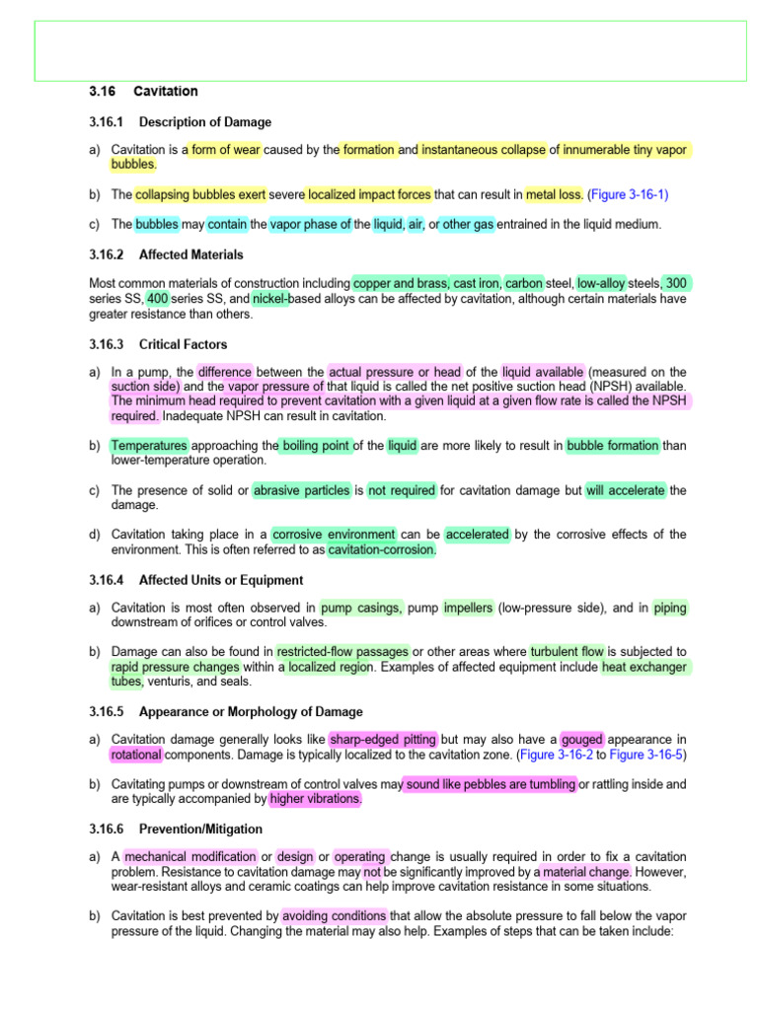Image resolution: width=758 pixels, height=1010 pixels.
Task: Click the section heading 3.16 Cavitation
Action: pos(143,92)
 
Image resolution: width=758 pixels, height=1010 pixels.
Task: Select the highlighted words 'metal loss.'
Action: pos(554,194)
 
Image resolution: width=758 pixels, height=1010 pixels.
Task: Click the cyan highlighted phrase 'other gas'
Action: pos(470,224)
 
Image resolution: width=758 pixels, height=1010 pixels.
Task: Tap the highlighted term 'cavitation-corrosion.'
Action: pos(381,549)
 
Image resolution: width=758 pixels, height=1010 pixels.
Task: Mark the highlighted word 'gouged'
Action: pos(582,740)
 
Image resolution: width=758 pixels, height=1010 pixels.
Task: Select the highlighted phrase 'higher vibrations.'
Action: pos(315,799)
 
